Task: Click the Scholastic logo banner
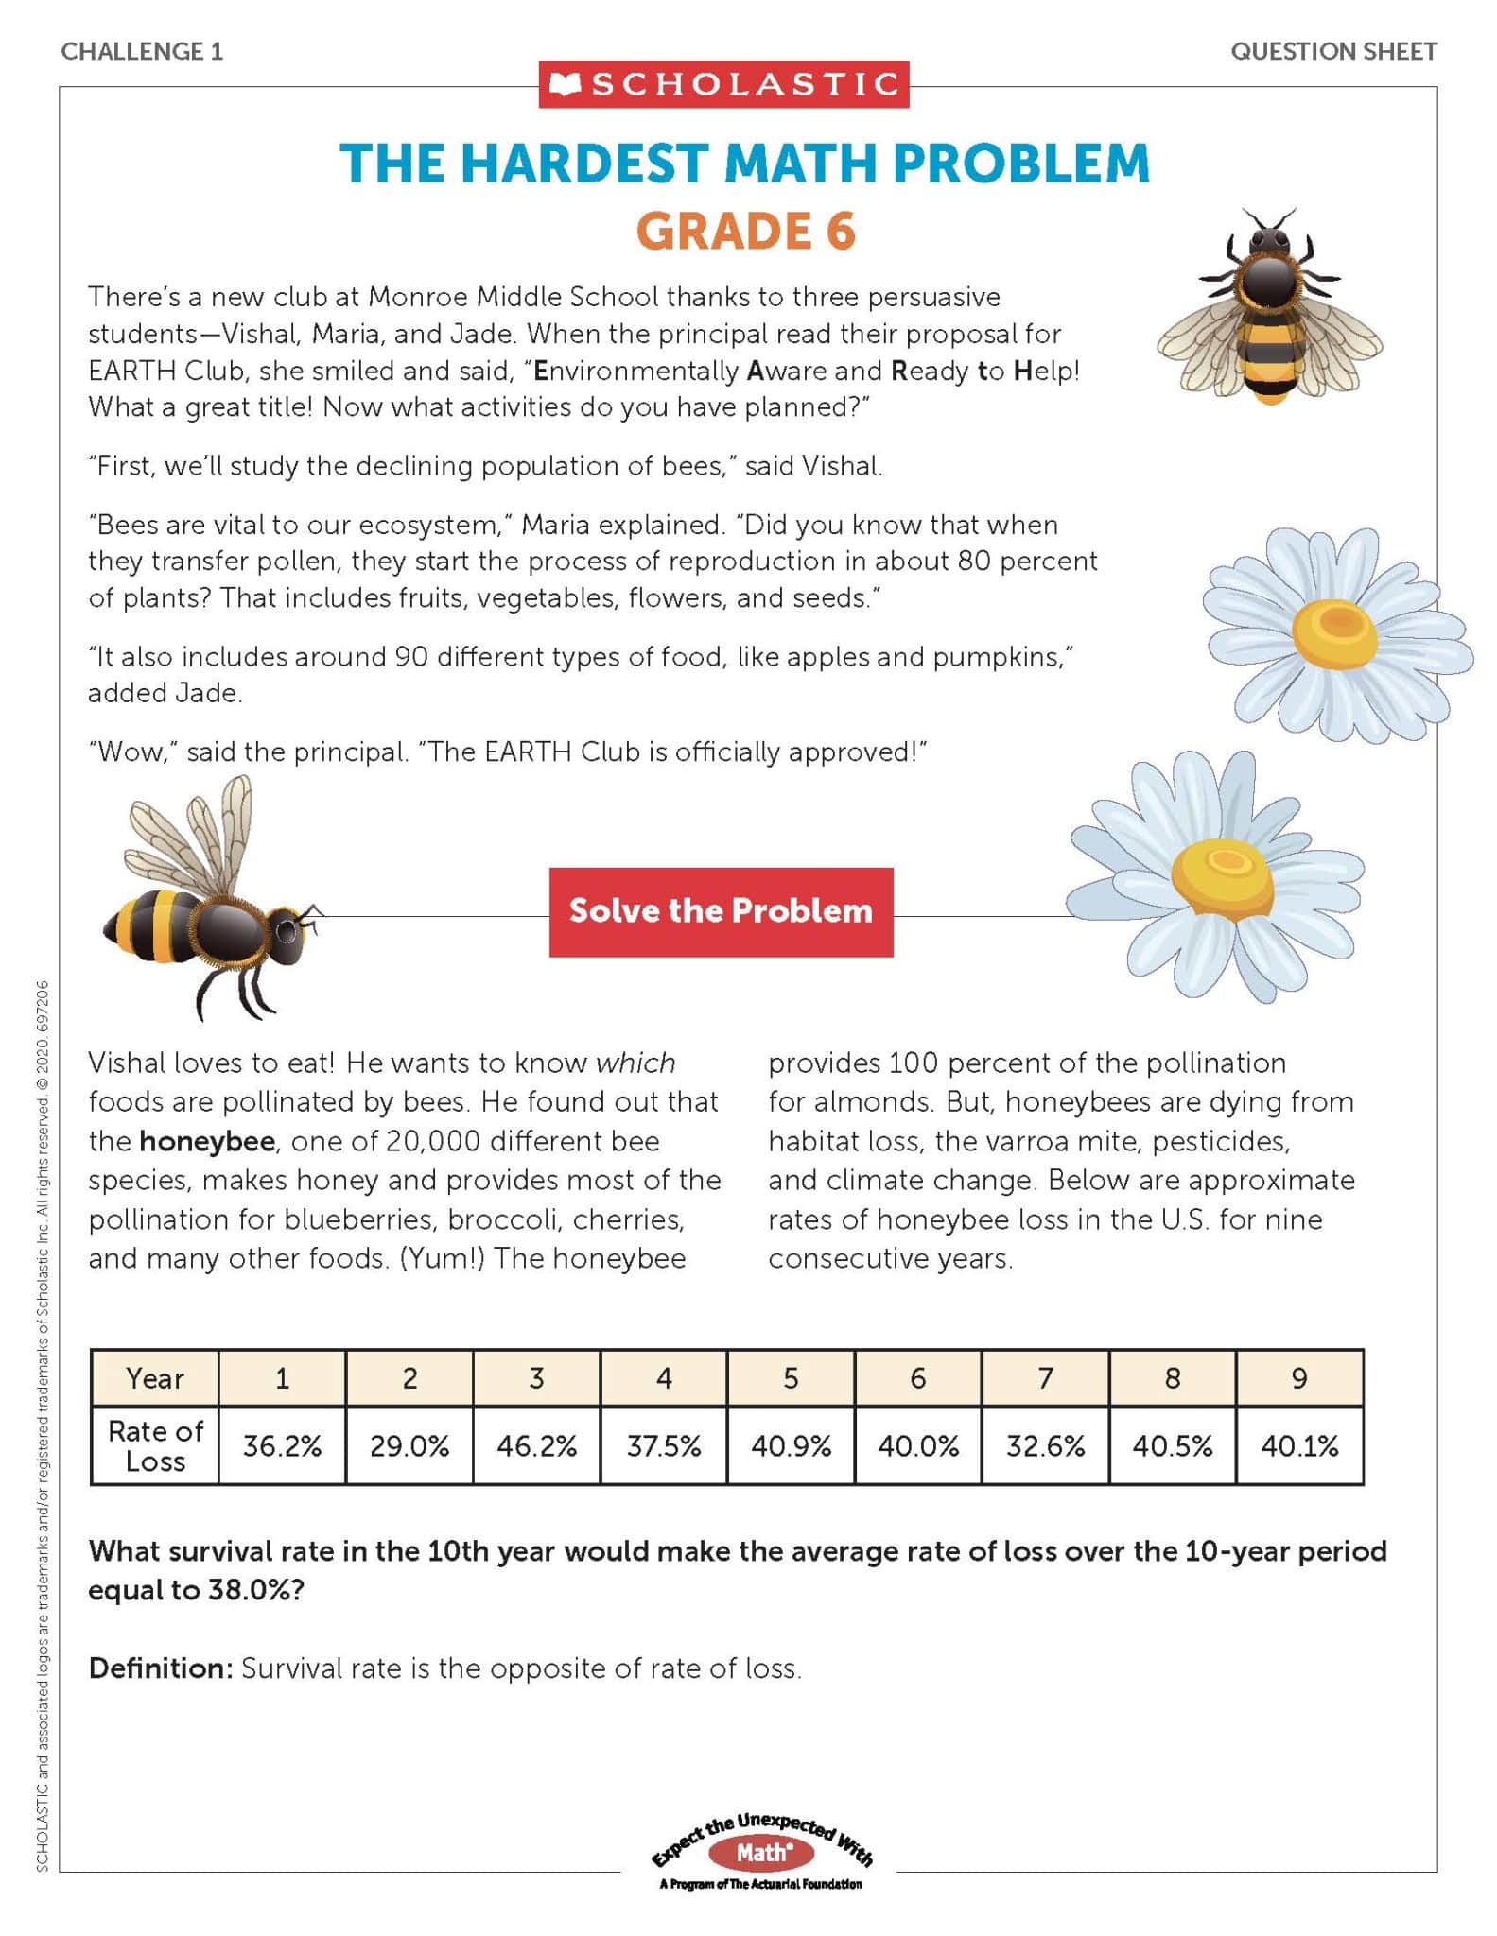click(x=723, y=85)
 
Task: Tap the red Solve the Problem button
click(x=721, y=911)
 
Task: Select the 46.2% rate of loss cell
click(x=536, y=1445)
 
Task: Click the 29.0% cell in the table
click(x=409, y=1445)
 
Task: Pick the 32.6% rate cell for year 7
click(x=1045, y=1445)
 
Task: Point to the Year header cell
click(x=155, y=1378)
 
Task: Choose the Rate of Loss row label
click(x=155, y=1445)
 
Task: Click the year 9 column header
click(x=1299, y=1378)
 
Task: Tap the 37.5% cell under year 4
click(x=664, y=1445)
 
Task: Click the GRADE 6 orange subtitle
click(x=746, y=232)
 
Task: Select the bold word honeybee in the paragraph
click(x=207, y=1141)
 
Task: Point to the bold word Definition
click(x=160, y=1668)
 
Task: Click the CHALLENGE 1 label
click(x=142, y=51)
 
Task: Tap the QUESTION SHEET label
click(x=1333, y=51)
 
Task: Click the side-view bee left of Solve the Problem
click(x=213, y=907)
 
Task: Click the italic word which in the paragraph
click(x=635, y=1063)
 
